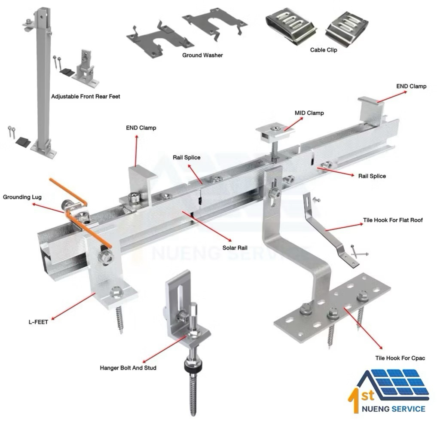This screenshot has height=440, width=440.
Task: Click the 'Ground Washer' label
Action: [x=202, y=55]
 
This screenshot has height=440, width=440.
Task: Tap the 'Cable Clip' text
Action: [x=323, y=50]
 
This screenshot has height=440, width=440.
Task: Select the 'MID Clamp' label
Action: [x=309, y=113]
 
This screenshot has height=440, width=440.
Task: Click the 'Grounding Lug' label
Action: [x=22, y=197]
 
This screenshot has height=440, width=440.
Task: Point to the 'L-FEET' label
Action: [x=38, y=322]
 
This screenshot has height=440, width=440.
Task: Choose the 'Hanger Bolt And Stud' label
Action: [x=128, y=368]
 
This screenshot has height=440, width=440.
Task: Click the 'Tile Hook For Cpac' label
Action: [x=400, y=358]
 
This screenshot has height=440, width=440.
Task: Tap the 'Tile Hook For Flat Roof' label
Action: [x=393, y=220]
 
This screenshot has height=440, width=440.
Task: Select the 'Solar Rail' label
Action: [x=235, y=248]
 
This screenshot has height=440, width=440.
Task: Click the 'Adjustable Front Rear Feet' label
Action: [x=86, y=97]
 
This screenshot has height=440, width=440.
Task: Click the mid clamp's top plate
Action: [x=275, y=130]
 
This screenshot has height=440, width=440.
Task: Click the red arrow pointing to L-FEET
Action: [x=73, y=306]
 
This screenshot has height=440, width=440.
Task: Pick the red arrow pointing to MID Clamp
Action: [x=294, y=124]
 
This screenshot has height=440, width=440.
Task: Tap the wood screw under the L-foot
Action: [x=119, y=320]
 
